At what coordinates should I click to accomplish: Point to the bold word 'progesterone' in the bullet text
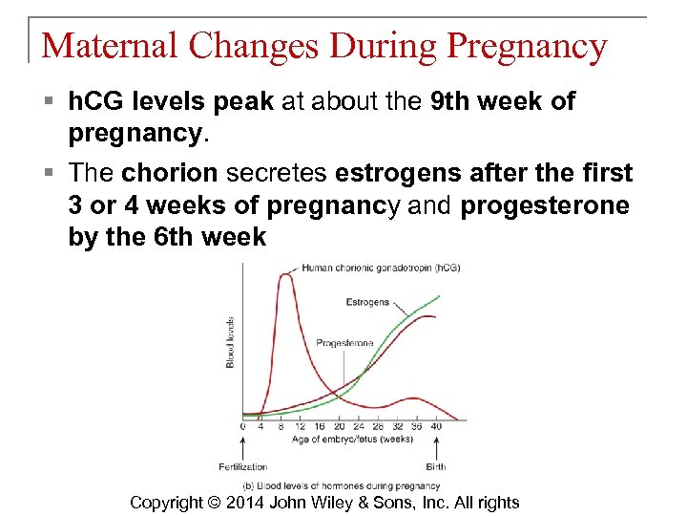point(545,205)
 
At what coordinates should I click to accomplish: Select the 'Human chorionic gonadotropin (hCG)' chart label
point(380,268)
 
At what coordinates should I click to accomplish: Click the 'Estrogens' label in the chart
point(367,302)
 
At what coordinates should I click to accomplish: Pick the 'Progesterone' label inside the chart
point(343,342)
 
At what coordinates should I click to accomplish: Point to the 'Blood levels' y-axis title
point(230,342)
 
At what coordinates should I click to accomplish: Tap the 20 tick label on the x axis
point(340,426)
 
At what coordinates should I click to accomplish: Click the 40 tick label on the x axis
point(437,426)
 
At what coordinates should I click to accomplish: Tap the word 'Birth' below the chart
point(436,467)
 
